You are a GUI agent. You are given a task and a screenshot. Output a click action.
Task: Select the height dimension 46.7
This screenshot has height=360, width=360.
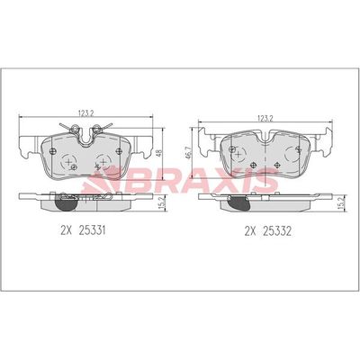(186, 155)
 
